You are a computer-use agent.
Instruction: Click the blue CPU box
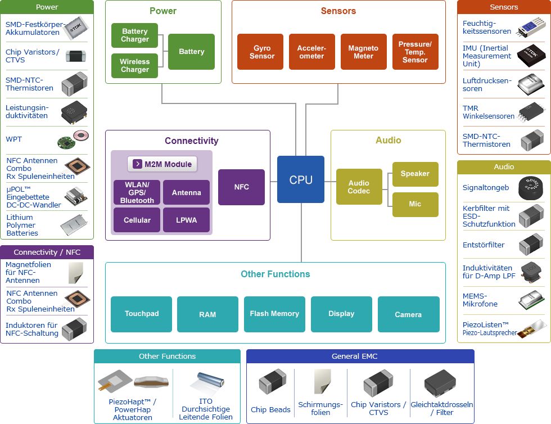pyautogui.click(x=301, y=179)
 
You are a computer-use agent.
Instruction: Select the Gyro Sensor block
pyautogui.click(x=262, y=52)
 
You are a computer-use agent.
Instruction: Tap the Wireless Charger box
pyautogui.click(x=135, y=66)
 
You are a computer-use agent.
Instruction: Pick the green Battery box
pyautogui.click(x=191, y=52)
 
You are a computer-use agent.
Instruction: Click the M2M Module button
pyautogui.click(x=162, y=164)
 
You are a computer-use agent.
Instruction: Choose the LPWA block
pyautogui.click(x=186, y=220)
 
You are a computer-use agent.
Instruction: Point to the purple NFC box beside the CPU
pyautogui.click(x=241, y=187)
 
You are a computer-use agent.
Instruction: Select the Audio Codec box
pyautogui.click(x=359, y=187)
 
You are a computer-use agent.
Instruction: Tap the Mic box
pyautogui.click(x=415, y=204)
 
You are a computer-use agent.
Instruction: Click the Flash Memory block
pyautogui.click(x=274, y=314)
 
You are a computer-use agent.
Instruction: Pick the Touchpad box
pyautogui.click(x=142, y=314)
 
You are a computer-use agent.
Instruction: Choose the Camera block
pyautogui.click(x=408, y=314)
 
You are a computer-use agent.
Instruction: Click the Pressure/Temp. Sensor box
pyautogui.click(x=415, y=52)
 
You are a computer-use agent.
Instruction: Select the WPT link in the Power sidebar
pyautogui.click(x=14, y=139)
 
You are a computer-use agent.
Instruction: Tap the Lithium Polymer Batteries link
pyautogui.click(x=22, y=225)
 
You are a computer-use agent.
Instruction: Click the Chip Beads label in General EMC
pyautogui.click(x=270, y=409)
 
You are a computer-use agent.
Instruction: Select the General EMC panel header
pyautogui.click(x=360, y=356)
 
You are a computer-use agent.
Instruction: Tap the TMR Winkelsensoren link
pyautogui.click(x=489, y=112)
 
